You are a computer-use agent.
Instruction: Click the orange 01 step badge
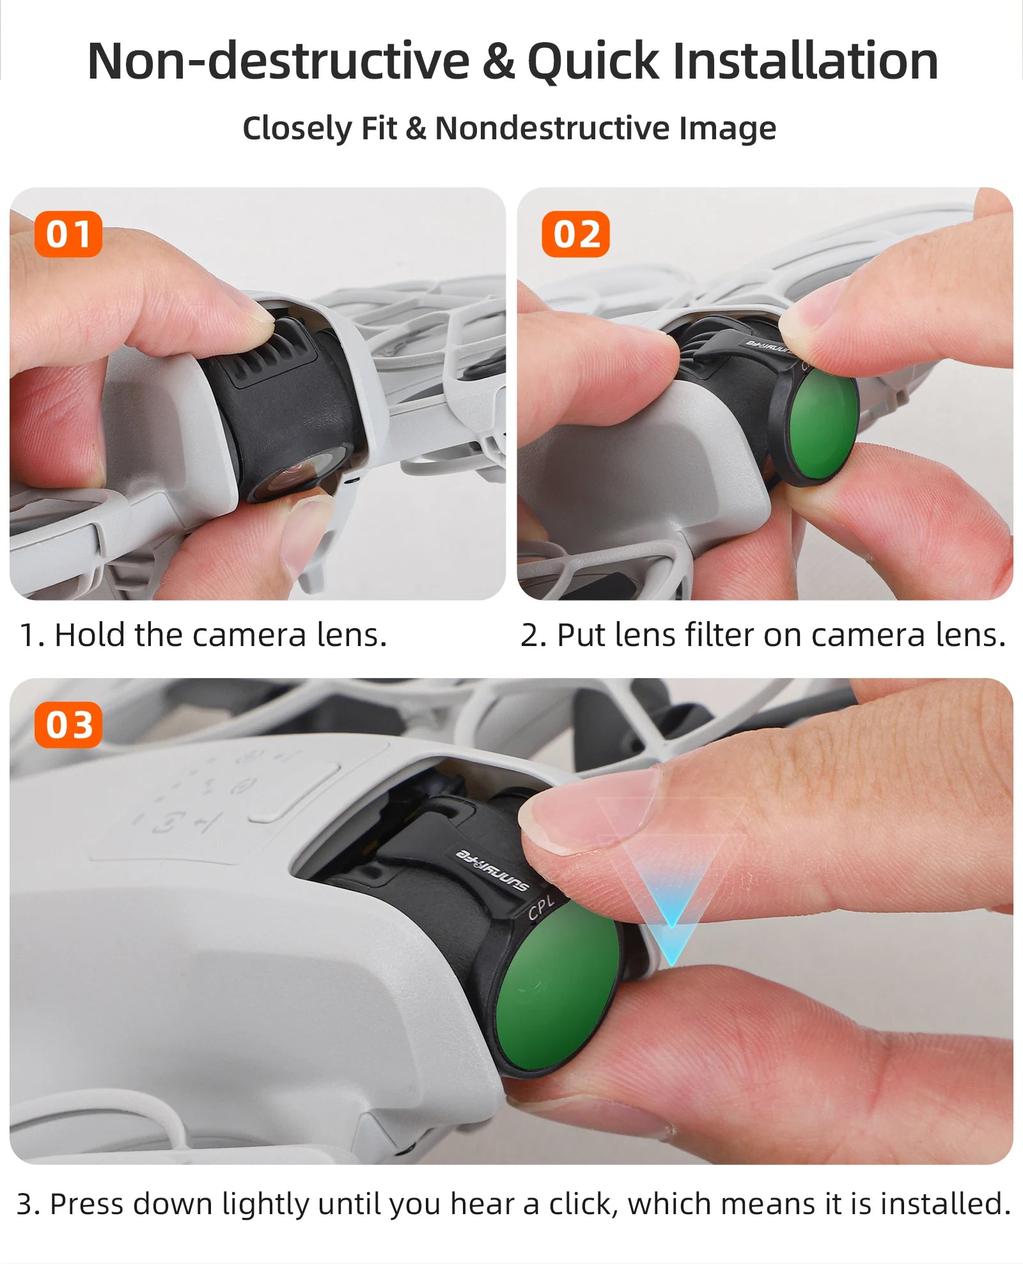pos(68,234)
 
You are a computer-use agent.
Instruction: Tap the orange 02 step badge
pos(575,234)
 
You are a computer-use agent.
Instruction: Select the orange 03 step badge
pos(68,725)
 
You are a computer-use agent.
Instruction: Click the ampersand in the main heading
pos(498,61)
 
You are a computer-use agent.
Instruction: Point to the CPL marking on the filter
pos(541,908)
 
